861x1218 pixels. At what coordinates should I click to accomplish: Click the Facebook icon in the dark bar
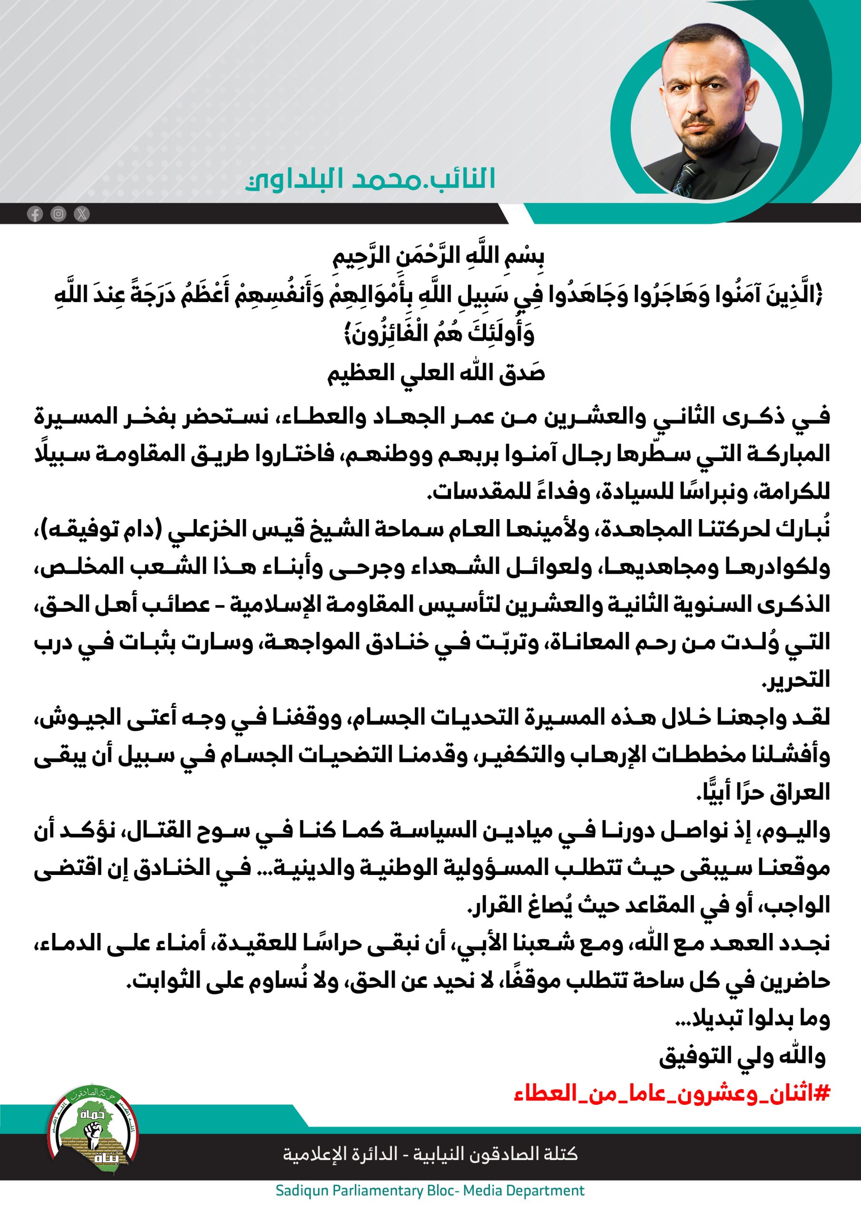point(35,214)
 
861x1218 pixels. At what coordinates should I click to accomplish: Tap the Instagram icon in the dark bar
point(59,214)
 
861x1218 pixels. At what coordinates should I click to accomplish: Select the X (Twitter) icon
point(82,214)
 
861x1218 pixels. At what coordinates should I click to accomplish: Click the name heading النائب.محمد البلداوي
point(370,179)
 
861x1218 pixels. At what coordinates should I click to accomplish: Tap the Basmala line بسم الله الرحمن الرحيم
point(438,257)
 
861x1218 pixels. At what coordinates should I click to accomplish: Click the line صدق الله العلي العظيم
point(436,374)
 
